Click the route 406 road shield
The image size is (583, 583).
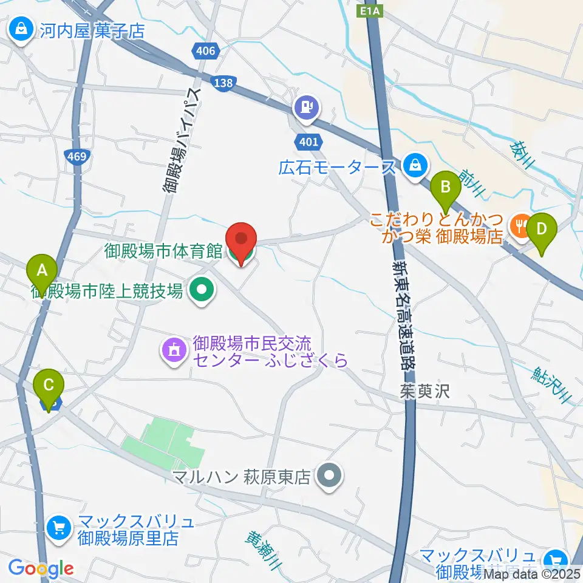click(206, 52)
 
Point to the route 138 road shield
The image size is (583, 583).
click(222, 84)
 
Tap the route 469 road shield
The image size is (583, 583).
click(77, 157)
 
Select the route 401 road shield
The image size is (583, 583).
click(307, 141)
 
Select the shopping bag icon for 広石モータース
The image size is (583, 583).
click(415, 164)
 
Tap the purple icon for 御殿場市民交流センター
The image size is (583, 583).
click(173, 350)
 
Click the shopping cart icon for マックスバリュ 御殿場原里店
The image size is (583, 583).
click(59, 527)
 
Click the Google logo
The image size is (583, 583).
click(41, 568)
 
